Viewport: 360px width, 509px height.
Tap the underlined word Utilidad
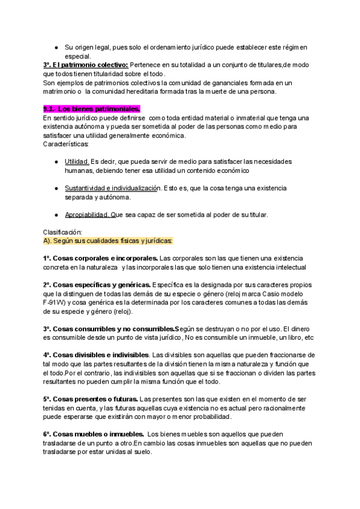[x=77, y=161]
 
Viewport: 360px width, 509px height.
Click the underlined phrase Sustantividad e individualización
[x=112, y=188]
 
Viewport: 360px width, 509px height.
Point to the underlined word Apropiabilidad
[x=87, y=214]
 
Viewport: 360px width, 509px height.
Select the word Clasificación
[x=66, y=232]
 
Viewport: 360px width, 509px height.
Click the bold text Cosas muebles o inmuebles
[x=98, y=434]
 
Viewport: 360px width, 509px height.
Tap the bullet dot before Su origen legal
[x=55, y=47]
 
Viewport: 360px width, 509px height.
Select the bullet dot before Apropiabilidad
[x=55, y=214]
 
